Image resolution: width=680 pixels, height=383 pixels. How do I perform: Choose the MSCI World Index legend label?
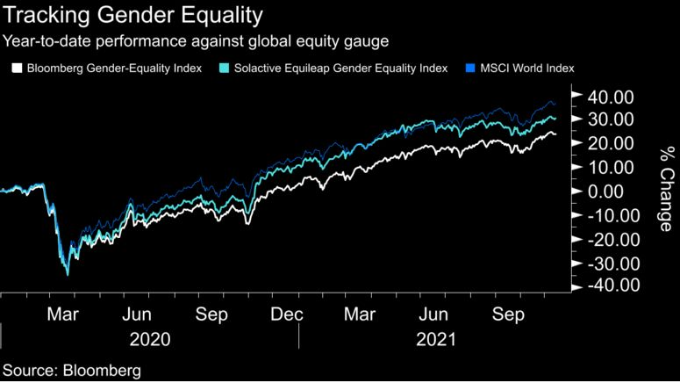[x=533, y=68]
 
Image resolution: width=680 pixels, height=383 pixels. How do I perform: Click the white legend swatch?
[x=16, y=68]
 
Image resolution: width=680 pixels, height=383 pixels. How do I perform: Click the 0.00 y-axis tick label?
[x=611, y=191]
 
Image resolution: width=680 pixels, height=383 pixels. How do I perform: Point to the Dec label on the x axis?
[x=288, y=313]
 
